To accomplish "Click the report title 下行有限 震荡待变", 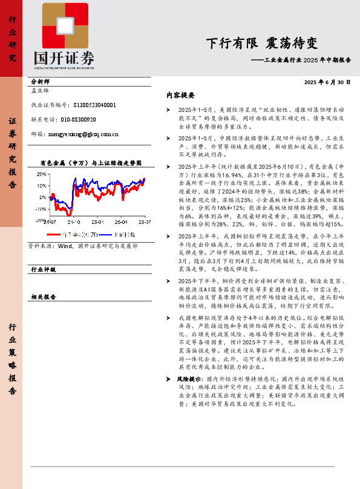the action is (261, 43).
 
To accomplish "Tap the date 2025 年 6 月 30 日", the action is (327, 82).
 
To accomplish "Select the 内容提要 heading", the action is (180, 96).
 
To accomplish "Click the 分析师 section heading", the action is (40, 81).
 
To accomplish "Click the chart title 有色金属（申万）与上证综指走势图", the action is (90, 163).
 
